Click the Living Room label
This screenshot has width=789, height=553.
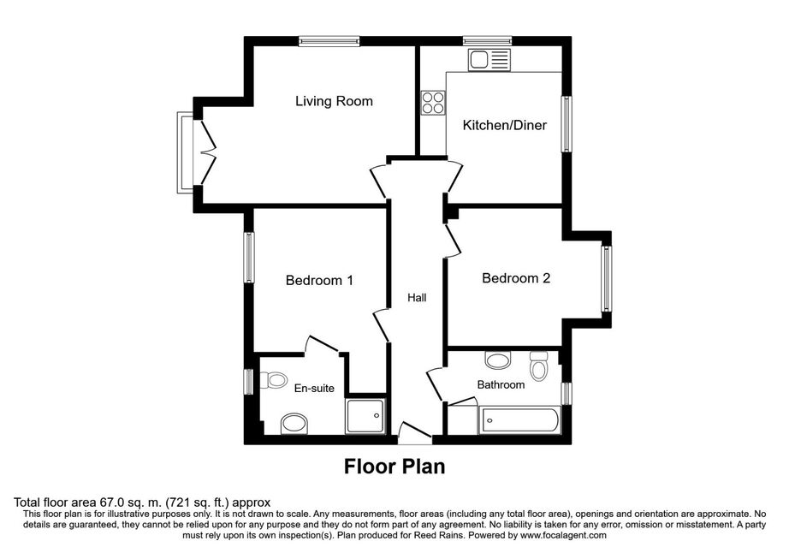pos(334,101)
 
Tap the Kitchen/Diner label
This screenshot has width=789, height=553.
pos(505,125)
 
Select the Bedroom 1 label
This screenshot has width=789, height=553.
pos(319,280)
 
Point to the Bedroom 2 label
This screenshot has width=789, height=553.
pos(516,277)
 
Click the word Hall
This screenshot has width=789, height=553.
pos(417,298)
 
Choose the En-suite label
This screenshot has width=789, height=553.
pos(314,389)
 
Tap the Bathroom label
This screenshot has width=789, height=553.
pos(501,385)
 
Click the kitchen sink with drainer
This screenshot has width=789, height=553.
pos(489,60)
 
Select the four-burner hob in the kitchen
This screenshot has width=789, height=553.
pos(433,103)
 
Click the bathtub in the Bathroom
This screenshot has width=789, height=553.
pos(519,419)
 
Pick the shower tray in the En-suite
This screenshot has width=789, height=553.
pos(365,416)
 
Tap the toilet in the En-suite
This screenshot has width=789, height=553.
pos(273,380)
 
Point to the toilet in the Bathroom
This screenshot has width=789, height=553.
pos(539,366)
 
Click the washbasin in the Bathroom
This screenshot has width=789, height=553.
pos(498,360)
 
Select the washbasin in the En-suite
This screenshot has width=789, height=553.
pos(294,423)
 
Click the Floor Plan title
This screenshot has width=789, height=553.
pos(394,467)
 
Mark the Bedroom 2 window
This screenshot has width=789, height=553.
pos(607,278)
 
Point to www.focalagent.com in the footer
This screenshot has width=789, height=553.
pos(564,535)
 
